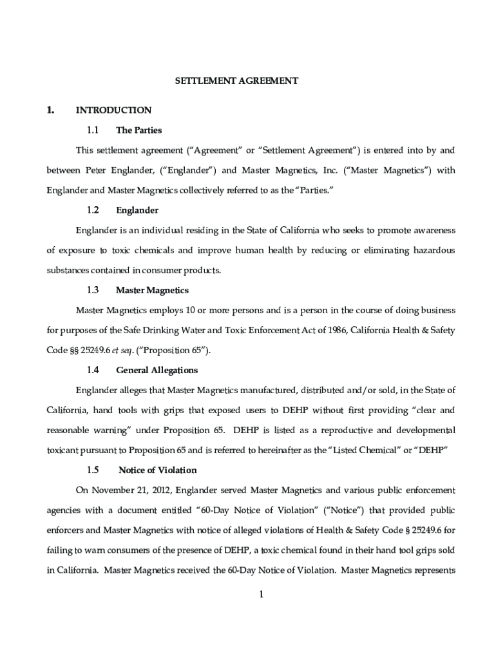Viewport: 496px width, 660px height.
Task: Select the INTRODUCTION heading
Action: pos(113,110)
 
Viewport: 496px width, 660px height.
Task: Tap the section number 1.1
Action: pos(92,130)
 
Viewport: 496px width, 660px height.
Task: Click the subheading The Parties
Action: pos(138,130)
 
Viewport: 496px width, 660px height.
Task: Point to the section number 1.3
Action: pos(92,291)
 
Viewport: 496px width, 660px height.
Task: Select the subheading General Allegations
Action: pos(157,371)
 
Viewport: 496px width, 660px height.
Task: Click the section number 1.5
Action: pos(92,470)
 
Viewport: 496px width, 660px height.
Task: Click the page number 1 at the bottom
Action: pos(262,594)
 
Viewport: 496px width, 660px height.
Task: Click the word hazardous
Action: pos(434,250)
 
